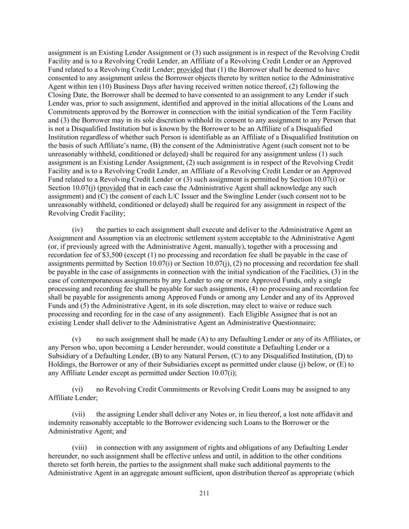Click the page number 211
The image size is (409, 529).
click(204, 493)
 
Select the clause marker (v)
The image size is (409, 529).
click(76, 339)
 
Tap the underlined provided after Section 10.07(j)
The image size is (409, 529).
click(113, 188)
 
